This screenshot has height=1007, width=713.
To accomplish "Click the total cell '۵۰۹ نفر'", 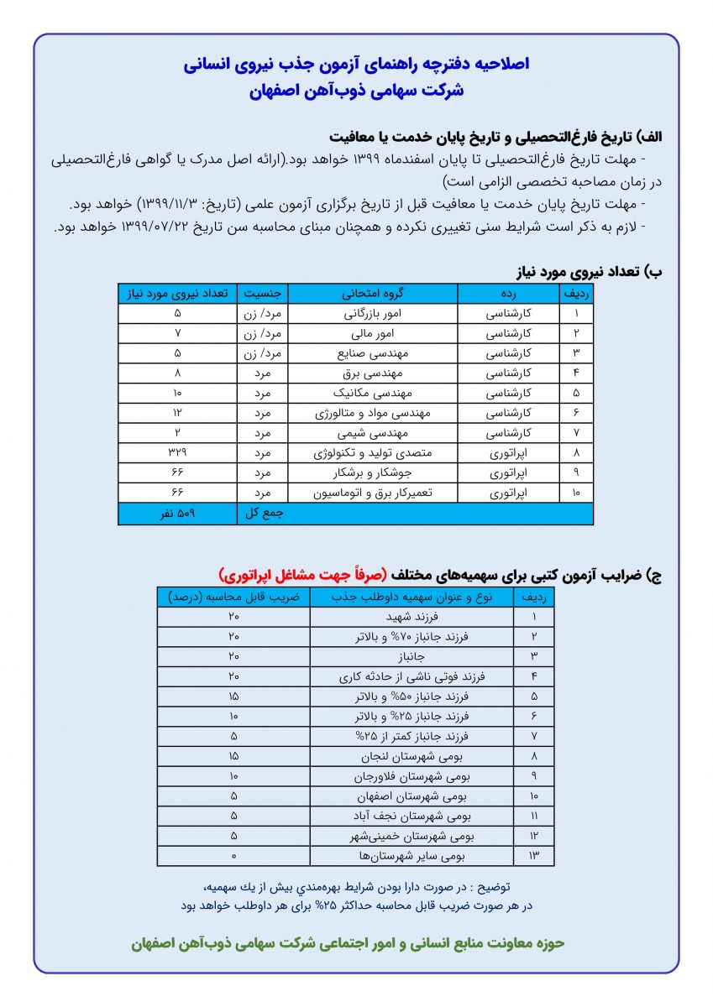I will (x=177, y=513).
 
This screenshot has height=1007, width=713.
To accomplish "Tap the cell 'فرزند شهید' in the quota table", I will (x=412, y=616).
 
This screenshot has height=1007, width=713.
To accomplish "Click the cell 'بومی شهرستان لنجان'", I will (x=412, y=756).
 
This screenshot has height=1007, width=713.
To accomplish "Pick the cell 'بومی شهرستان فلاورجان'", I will (x=412, y=776).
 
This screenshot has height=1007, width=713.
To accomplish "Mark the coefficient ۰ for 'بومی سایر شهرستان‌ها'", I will (x=233, y=856).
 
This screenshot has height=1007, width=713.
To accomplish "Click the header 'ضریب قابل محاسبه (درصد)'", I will (x=233, y=596).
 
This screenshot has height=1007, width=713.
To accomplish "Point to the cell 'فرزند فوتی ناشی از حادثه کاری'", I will (x=412, y=676).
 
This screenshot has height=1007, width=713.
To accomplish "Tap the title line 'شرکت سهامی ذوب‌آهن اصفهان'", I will (x=356, y=91).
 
